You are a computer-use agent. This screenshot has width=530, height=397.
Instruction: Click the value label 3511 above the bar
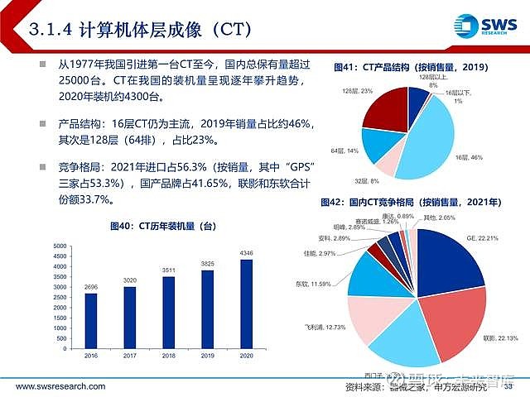pos(169,270)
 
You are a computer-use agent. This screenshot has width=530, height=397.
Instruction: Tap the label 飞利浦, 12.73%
pos(316,327)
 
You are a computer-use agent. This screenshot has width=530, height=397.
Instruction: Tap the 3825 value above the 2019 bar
pos(208,265)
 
